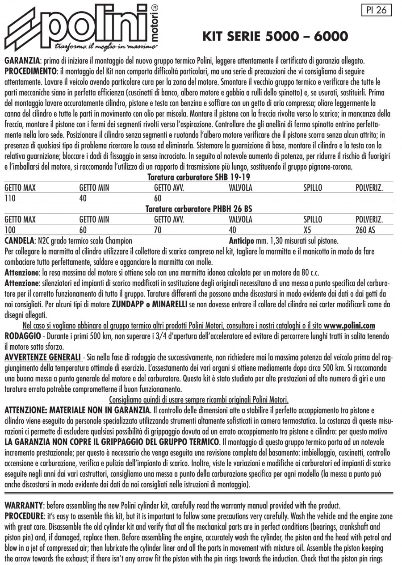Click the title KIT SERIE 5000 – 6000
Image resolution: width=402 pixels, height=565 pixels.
[276, 36]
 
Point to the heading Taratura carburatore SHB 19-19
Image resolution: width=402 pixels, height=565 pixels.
[198, 177]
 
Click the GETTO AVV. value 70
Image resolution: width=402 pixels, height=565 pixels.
[158, 230]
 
